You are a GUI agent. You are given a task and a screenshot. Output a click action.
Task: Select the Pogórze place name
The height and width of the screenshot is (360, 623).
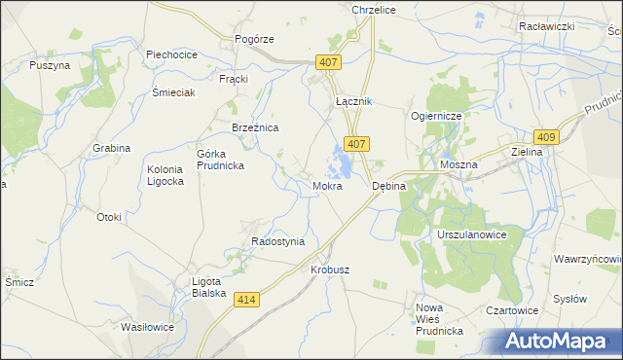point(255,39)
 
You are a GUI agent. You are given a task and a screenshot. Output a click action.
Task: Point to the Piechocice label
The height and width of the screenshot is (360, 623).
point(171,54)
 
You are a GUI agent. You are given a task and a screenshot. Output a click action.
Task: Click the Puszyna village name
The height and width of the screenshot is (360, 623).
point(50,65)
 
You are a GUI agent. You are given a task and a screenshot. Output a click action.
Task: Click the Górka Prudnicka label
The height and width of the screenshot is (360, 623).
point(220,160)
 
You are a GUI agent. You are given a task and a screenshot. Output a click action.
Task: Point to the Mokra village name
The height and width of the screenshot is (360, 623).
point(326,185)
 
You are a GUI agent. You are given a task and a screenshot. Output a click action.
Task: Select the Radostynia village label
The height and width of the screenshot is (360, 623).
point(277,241)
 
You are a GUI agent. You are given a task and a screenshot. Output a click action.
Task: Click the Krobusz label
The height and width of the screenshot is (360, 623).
point(330,270)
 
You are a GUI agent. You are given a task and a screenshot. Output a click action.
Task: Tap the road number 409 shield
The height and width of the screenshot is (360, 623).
point(545,138)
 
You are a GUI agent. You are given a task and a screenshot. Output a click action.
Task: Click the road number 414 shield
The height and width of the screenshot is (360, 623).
point(246,302)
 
